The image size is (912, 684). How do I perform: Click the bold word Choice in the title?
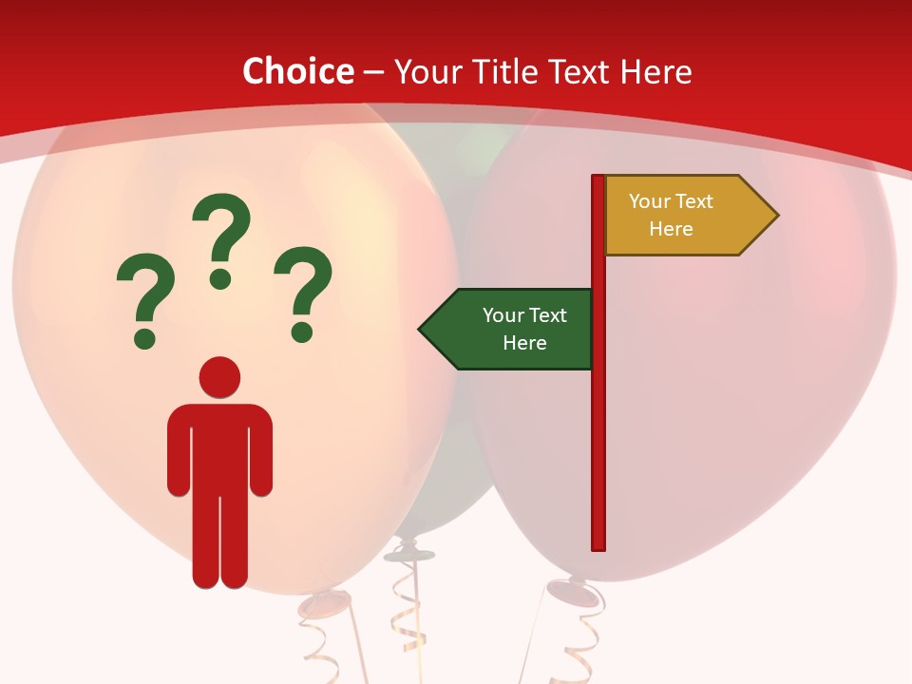pos(297,71)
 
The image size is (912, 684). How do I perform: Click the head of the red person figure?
pos(219,377)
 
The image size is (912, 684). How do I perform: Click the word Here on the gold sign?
pos(671,229)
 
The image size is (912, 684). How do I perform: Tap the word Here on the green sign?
pos(524,343)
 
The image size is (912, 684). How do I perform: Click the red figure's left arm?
pos(180,446)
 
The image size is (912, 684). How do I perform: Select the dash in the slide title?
pos(373,72)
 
